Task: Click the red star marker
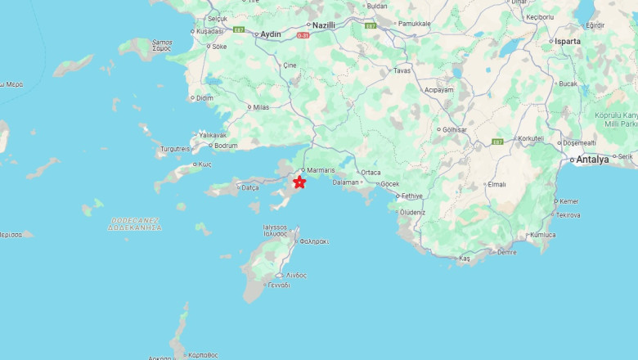point(299,182)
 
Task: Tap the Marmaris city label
point(321,171)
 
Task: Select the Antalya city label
point(592,160)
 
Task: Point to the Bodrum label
point(226,146)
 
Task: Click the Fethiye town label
point(411,196)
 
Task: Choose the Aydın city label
point(270,34)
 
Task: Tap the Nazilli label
point(324,25)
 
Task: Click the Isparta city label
point(567,41)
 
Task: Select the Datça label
point(250,187)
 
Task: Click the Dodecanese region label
point(134,223)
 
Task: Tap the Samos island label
point(162,45)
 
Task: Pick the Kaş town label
point(465,259)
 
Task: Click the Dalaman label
point(345,182)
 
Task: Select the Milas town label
point(261,107)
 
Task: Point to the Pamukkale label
point(414,24)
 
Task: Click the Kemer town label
point(568,201)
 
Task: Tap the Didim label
point(204,98)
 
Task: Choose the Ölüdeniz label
point(411,212)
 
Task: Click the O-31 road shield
point(303,35)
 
